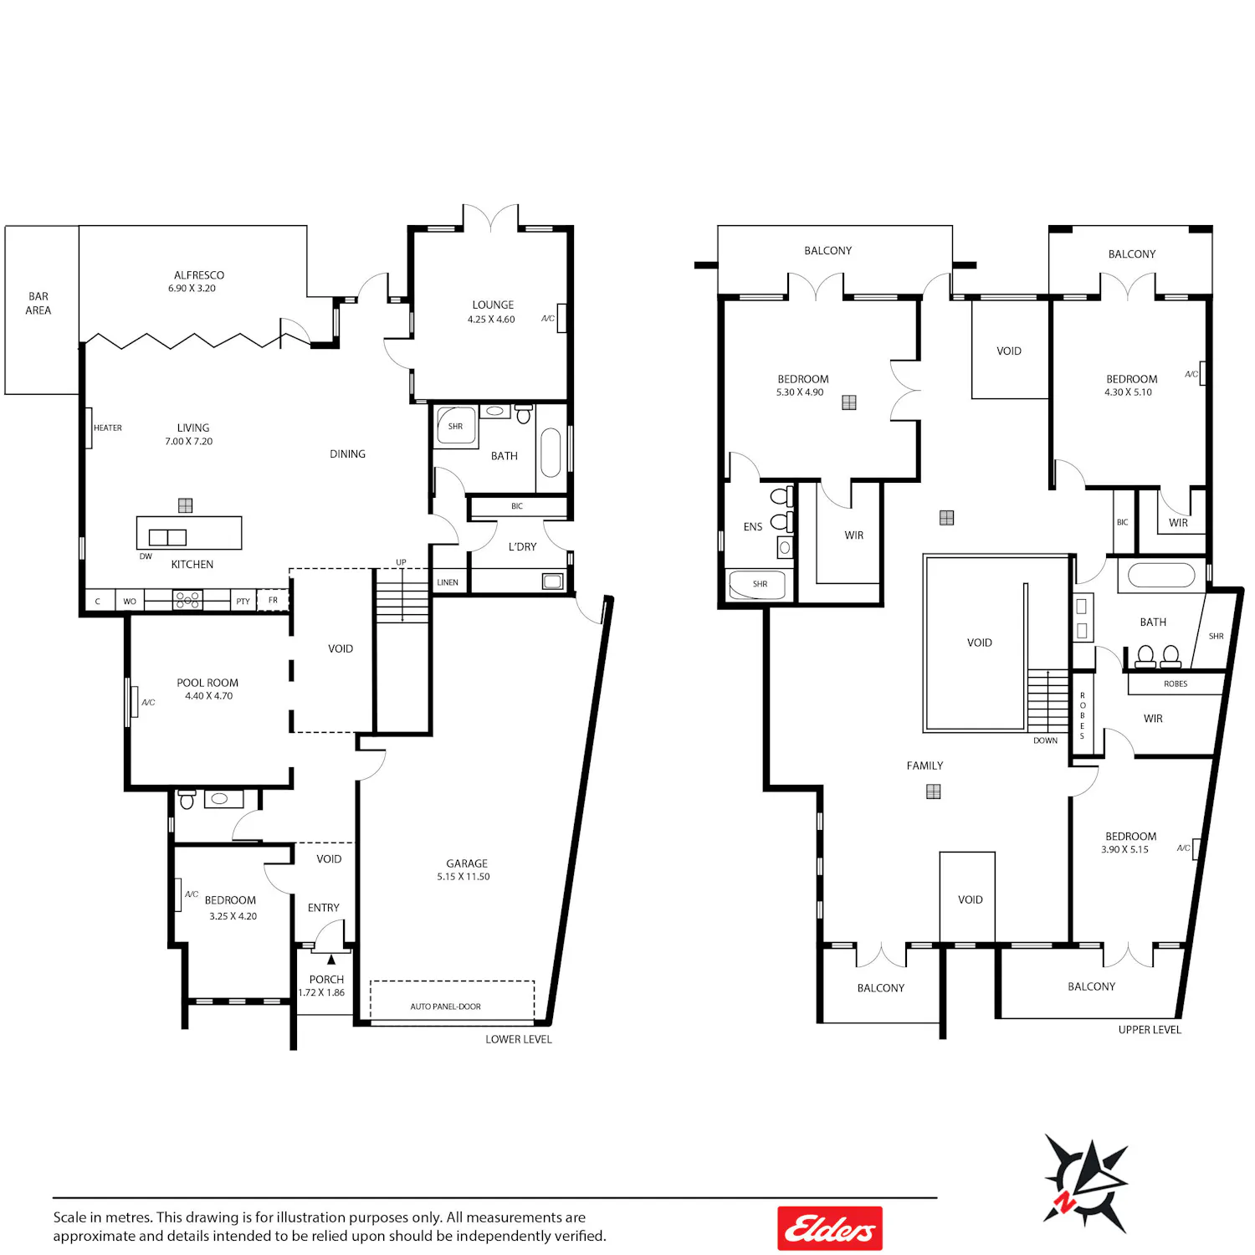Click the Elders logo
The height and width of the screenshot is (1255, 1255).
[x=829, y=1228]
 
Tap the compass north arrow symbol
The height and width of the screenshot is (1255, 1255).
[x=1086, y=1181]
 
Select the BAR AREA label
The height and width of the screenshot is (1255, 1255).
[x=38, y=303]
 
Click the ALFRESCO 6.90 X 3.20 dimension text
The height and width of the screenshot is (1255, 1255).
[x=192, y=289]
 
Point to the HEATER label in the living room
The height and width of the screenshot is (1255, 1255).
[x=108, y=428]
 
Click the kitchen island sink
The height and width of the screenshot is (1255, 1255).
[x=167, y=537]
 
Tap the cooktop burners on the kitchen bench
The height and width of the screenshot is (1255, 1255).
[x=187, y=599]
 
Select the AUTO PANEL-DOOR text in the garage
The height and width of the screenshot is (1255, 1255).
[x=445, y=1007]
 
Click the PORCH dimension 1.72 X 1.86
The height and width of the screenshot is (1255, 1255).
[x=322, y=993]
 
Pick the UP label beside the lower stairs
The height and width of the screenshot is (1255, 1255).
[x=401, y=562]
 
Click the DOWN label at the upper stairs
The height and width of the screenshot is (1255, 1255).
[x=1045, y=740]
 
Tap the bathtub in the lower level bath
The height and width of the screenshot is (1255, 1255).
[x=551, y=453]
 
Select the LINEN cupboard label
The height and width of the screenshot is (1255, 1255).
[x=448, y=582]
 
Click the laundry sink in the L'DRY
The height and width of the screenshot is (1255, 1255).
[x=553, y=581]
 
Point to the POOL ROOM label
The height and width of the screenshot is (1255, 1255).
[x=207, y=683]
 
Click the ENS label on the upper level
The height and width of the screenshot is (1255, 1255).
[x=753, y=527]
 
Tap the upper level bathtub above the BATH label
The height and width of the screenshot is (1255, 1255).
[x=1161, y=576]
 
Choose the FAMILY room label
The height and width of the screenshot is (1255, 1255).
[x=925, y=766]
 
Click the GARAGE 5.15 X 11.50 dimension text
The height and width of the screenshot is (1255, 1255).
[x=464, y=877]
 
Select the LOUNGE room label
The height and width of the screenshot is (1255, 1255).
[x=493, y=305]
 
